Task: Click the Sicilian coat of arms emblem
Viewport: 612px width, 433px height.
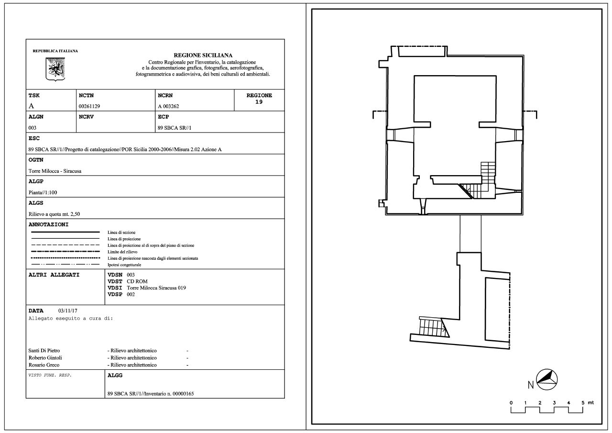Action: (x=55, y=69)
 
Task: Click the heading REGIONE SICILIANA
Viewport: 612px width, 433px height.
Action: (x=203, y=55)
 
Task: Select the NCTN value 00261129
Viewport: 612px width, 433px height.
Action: (x=89, y=106)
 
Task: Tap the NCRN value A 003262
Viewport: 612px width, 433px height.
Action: (x=168, y=106)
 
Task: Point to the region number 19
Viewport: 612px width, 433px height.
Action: (x=259, y=102)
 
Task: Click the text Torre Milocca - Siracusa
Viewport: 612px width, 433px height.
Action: (x=55, y=171)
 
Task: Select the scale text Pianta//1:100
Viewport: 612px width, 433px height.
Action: (x=43, y=192)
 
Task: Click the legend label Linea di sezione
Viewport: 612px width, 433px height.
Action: (x=121, y=233)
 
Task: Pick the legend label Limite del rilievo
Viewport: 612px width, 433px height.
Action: (x=122, y=252)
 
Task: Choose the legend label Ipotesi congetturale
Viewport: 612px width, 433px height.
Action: (x=124, y=265)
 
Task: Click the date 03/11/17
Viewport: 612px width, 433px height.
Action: (x=68, y=311)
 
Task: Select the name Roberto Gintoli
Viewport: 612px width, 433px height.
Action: (x=45, y=358)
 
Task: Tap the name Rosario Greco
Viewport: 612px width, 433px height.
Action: (x=44, y=365)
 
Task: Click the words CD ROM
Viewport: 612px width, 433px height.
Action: (x=137, y=281)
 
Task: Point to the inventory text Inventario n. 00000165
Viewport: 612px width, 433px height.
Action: (x=169, y=394)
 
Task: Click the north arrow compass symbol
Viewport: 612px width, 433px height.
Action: (x=546, y=380)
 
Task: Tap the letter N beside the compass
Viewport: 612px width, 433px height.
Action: (x=531, y=385)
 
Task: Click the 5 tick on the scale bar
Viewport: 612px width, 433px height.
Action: (x=582, y=403)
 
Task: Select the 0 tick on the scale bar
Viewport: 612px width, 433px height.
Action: (x=511, y=403)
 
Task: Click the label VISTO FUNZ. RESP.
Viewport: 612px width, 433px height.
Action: (x=50, y=375)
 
